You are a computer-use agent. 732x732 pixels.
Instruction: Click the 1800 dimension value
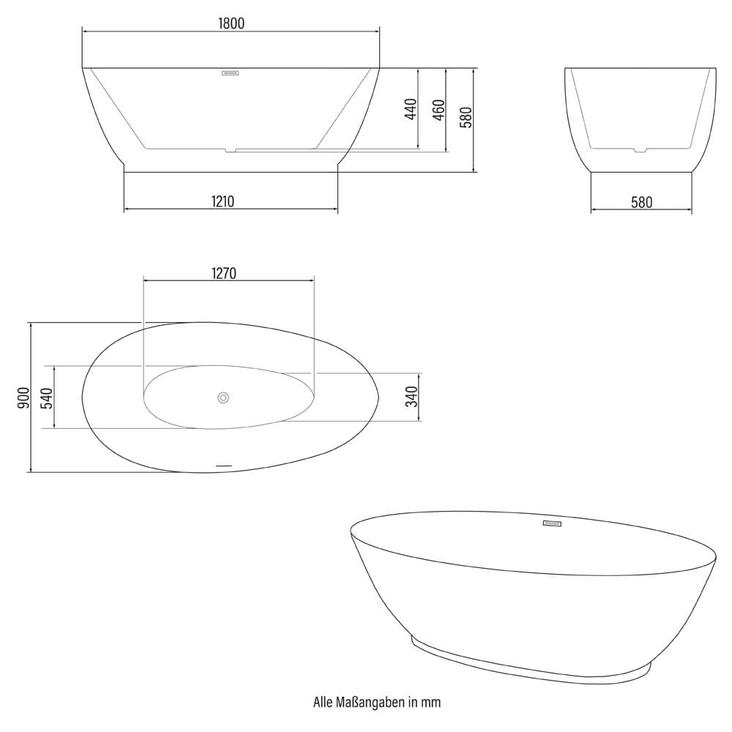231,23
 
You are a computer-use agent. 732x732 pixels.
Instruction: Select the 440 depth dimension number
411,108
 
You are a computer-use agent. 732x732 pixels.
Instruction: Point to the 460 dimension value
438,108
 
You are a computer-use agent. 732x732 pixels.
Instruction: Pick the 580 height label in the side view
466,117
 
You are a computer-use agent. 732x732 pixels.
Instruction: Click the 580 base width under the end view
640,202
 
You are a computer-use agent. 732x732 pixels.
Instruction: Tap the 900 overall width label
23,397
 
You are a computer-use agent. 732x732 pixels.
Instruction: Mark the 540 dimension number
45,397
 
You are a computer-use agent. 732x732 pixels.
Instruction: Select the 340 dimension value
411,397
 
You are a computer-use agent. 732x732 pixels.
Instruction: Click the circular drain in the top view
223,397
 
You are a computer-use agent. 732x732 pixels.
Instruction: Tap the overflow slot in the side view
231,72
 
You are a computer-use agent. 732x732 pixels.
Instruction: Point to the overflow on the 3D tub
550,523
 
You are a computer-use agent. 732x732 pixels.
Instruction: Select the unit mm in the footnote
431,703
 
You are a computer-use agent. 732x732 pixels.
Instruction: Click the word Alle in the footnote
323,703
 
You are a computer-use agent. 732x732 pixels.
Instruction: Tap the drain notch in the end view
640,151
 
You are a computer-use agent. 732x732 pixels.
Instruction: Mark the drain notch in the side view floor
231,151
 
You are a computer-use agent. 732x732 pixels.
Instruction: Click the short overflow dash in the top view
223,466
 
